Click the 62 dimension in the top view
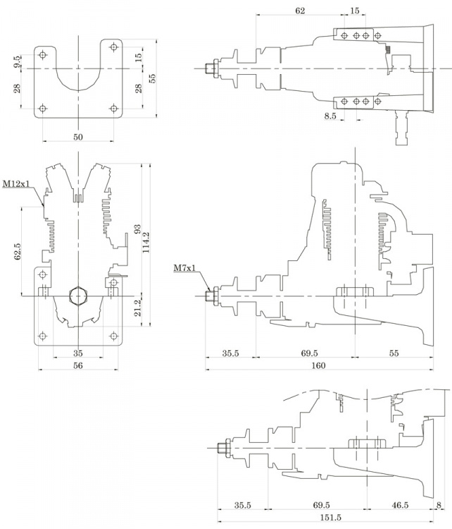(x=300, y=11)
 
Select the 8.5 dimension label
(x=330, y=115)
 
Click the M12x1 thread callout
(x=16, y=184)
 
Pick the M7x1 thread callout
(x=184, y=268)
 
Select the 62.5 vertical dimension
(x=17, y=252)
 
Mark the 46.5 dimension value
(x=400, y=506)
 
